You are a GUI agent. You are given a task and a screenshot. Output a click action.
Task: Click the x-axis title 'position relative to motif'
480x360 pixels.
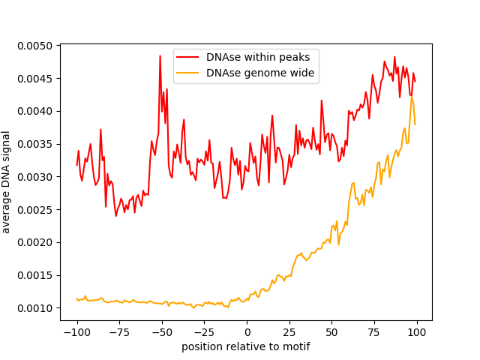pyautogui.click(x=246, y=346)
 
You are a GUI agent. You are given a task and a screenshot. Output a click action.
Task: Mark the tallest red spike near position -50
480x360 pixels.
pyautogui.click(x=160, y=56)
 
